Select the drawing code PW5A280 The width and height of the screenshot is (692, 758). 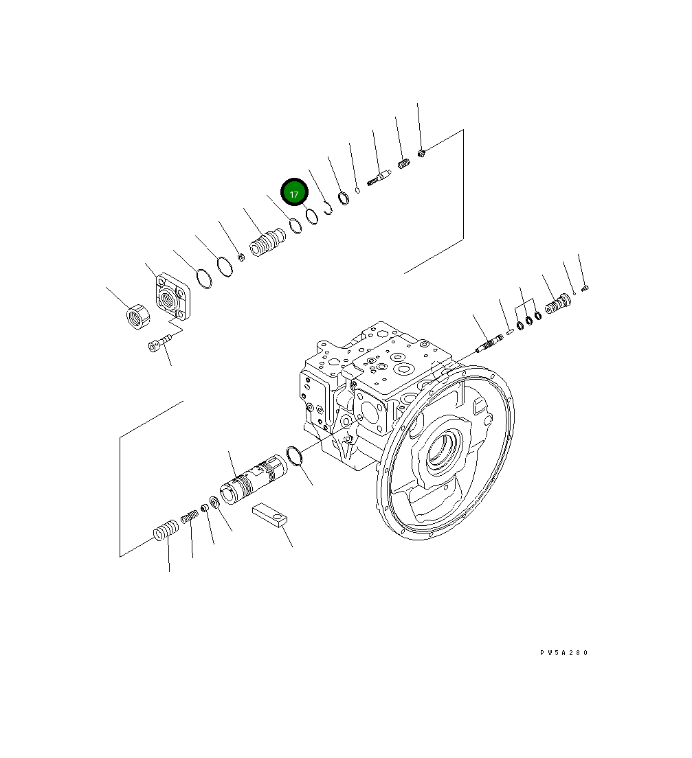563,653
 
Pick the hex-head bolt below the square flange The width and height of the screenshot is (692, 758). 156,346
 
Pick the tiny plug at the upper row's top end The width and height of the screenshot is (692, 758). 422,152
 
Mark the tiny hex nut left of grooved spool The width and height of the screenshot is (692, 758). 241,257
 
